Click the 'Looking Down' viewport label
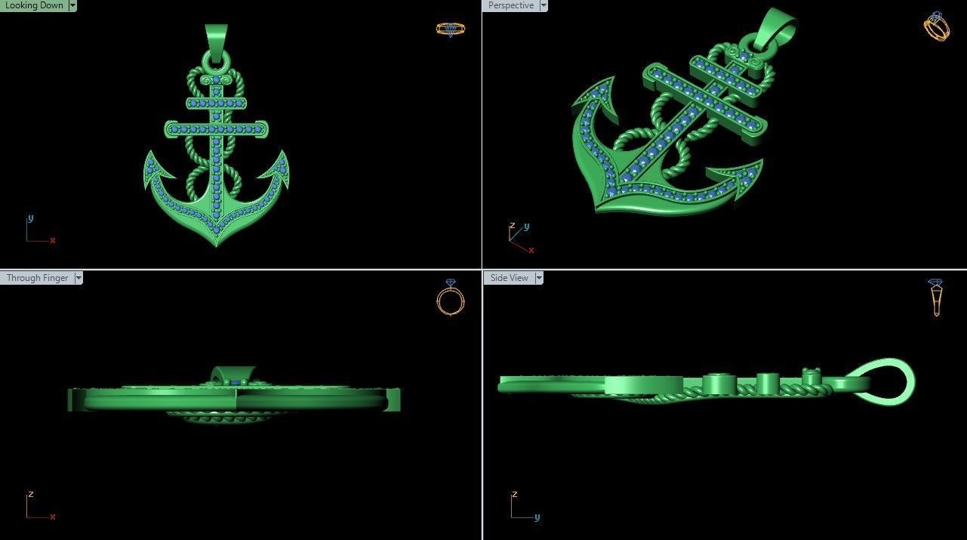pyautogui.click(x=34, y=5)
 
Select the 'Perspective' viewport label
pyautogui.click(x=510, y=5)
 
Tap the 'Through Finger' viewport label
pyautogui.click(x=37, y=278)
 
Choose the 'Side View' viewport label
pyautogui.click(x=509, y=278)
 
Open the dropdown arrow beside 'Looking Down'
pyautogui.click(x=72, y=5)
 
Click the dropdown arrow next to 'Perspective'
pyautogui.click(x=543, y=5)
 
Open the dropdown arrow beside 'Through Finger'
pyautogui.click(x=78, y=278)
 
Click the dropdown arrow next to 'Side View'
pyautogui.click(x=538, y=278)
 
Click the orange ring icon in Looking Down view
pyautogui.click(x=451, y=29)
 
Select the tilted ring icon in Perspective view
pyautogui.click(x=937, y=26)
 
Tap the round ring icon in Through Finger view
pyautogui.click(x=451, y=299)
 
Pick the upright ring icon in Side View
pyautogui.click(x=936, y=297)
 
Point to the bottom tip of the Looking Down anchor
pyautogui.click(x=217, y=245)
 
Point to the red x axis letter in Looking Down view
pyautogui.click(x=53, y=241)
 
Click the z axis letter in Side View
pyautogui.click(x=514, y=495)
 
